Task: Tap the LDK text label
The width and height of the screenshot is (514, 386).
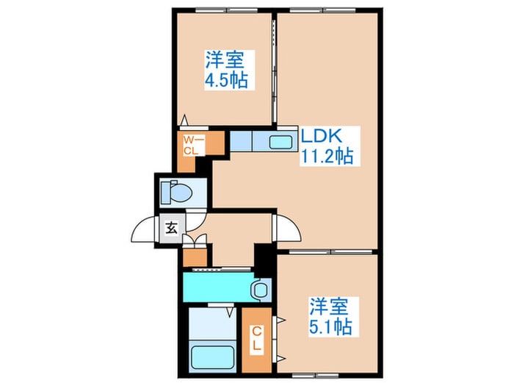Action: pos(319,135)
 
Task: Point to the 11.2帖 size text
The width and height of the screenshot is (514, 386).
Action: pos(327,155)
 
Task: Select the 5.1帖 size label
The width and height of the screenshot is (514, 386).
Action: pos(330,326)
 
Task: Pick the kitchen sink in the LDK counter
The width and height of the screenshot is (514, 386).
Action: pos(280,141)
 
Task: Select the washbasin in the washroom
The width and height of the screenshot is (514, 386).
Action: pos(259,290)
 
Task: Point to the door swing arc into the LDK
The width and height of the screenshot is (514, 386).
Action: pos(289,230)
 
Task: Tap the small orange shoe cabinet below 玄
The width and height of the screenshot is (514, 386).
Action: pos(194,257)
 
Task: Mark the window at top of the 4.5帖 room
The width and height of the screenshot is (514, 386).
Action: pos(220,11)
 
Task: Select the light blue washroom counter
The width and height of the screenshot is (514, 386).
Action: pos(220,285)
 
